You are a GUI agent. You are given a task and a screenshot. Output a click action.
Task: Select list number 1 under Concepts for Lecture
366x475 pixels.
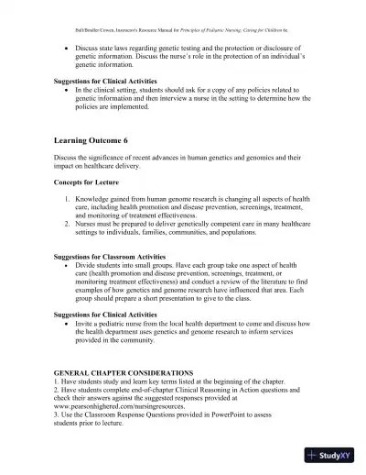(67, 198)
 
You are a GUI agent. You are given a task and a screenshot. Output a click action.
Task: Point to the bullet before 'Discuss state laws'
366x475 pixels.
(66, 44)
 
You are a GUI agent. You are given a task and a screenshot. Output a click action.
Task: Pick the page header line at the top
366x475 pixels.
(183, 17)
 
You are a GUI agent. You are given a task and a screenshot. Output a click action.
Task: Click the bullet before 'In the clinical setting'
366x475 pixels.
(66, 91)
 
